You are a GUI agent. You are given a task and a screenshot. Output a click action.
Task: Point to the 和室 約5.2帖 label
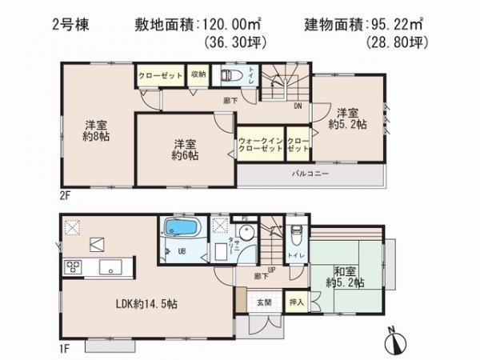coord(346,277)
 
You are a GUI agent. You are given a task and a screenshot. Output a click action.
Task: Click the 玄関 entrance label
coord(264,302)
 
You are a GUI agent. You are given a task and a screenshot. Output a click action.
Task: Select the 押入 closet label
coord(295,302)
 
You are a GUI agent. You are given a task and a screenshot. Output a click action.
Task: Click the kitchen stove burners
coord(70,267)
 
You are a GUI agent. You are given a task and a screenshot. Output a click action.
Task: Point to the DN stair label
coord(298,105)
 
